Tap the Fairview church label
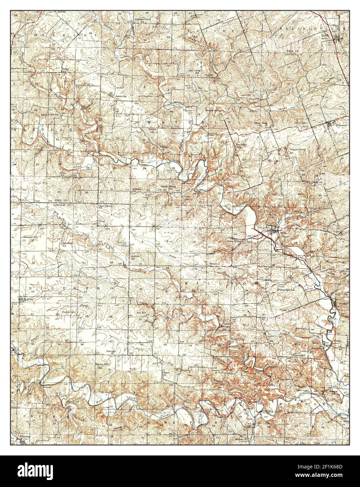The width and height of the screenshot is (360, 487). point(110,350)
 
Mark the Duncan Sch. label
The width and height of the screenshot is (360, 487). point(69,312)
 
